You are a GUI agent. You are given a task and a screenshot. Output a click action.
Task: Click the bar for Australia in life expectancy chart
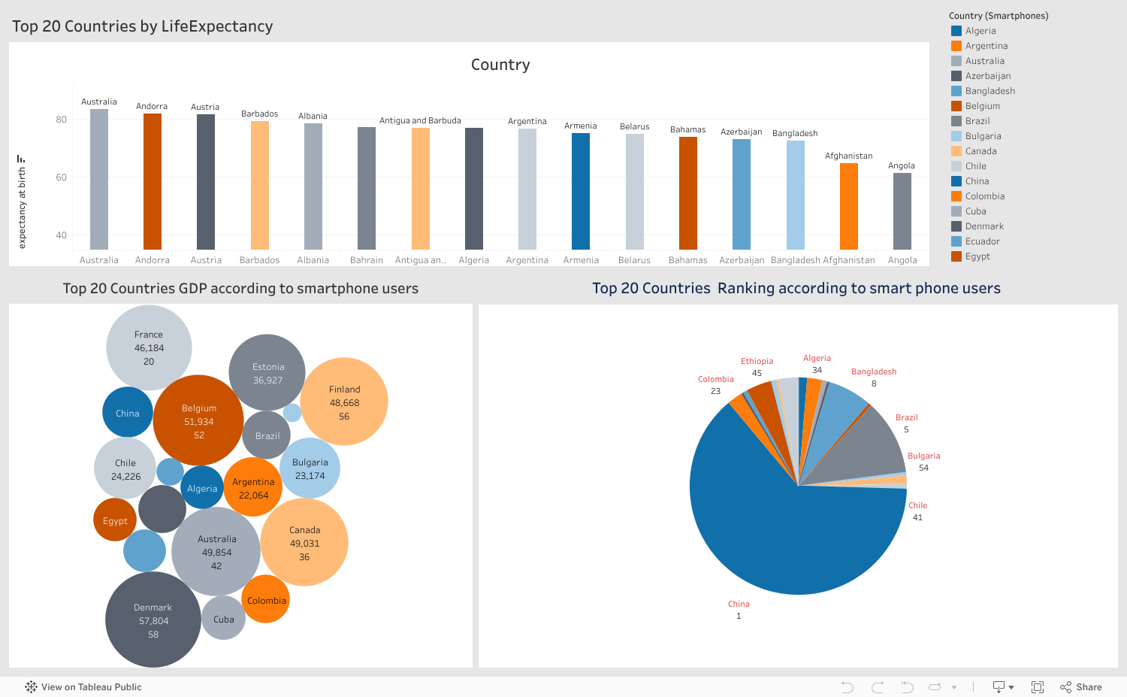point(99,180)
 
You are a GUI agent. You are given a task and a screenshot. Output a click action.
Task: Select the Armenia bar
point(581,192)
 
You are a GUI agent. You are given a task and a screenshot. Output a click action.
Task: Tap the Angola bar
point(902,211)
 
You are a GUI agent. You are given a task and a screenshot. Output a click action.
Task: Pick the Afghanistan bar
point(848,207)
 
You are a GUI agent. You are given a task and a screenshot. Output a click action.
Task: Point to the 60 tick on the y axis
point(61,177)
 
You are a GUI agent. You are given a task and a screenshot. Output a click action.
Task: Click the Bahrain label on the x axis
point(367,260)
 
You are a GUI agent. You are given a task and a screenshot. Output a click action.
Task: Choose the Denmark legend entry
point(984,226)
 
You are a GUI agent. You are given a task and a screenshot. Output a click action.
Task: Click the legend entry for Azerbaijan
point(987,76)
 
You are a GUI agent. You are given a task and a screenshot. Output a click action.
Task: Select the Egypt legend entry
point(977,256)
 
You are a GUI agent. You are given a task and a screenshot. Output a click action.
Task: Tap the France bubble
point(149,347)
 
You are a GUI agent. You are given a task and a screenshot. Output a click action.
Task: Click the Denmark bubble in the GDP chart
point(153,620)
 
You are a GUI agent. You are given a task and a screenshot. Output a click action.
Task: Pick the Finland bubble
point(344,402)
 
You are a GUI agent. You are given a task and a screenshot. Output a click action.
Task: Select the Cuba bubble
point(223,619)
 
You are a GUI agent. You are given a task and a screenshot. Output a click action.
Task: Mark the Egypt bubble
point(115,520)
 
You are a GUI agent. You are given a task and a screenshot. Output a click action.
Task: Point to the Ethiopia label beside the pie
point(757,361)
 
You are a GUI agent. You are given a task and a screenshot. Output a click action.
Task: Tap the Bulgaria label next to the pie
point(923,456)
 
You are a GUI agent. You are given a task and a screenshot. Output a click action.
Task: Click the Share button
point(1081,687)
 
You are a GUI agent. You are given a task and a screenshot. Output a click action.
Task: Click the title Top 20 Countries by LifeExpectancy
point(143,26)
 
